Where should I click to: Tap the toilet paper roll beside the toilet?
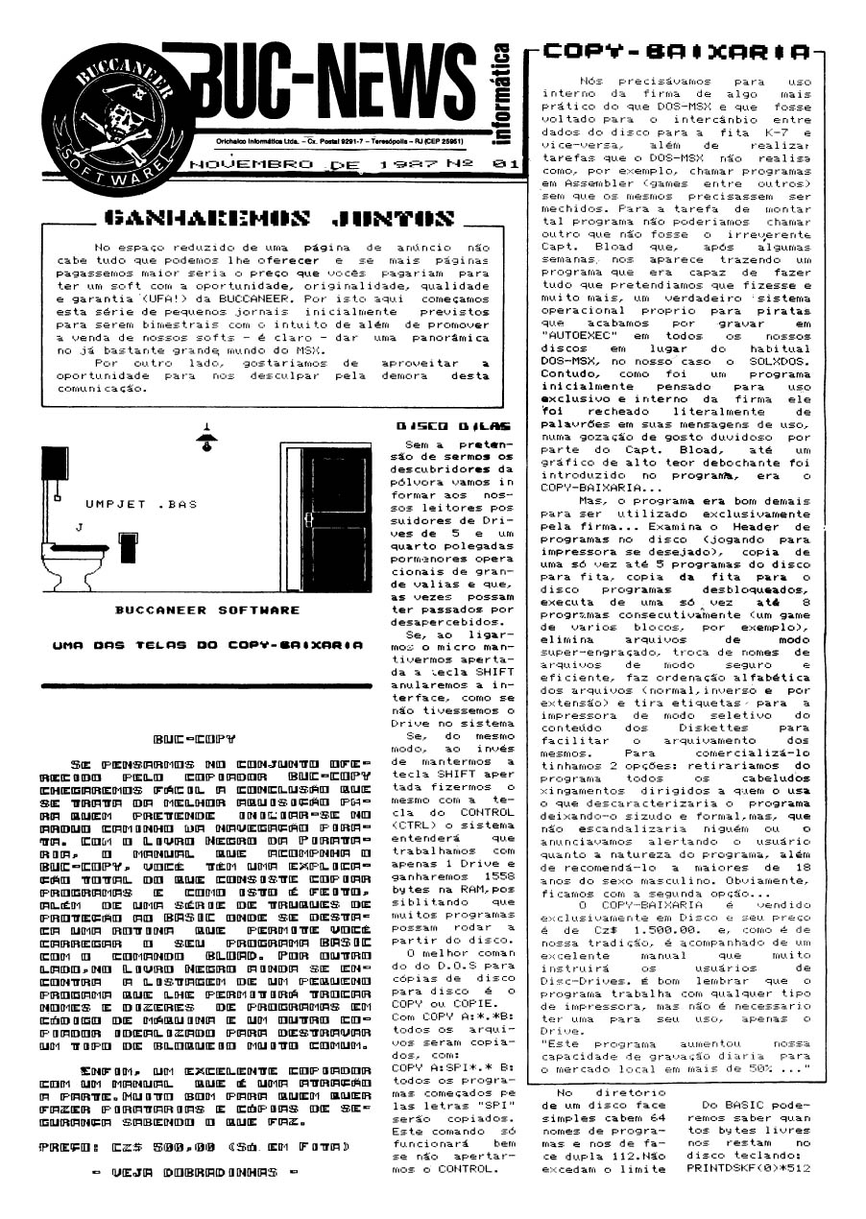(127, 550)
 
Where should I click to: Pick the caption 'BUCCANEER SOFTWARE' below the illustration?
(205, 609)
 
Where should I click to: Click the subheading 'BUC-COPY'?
(195, 740)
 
